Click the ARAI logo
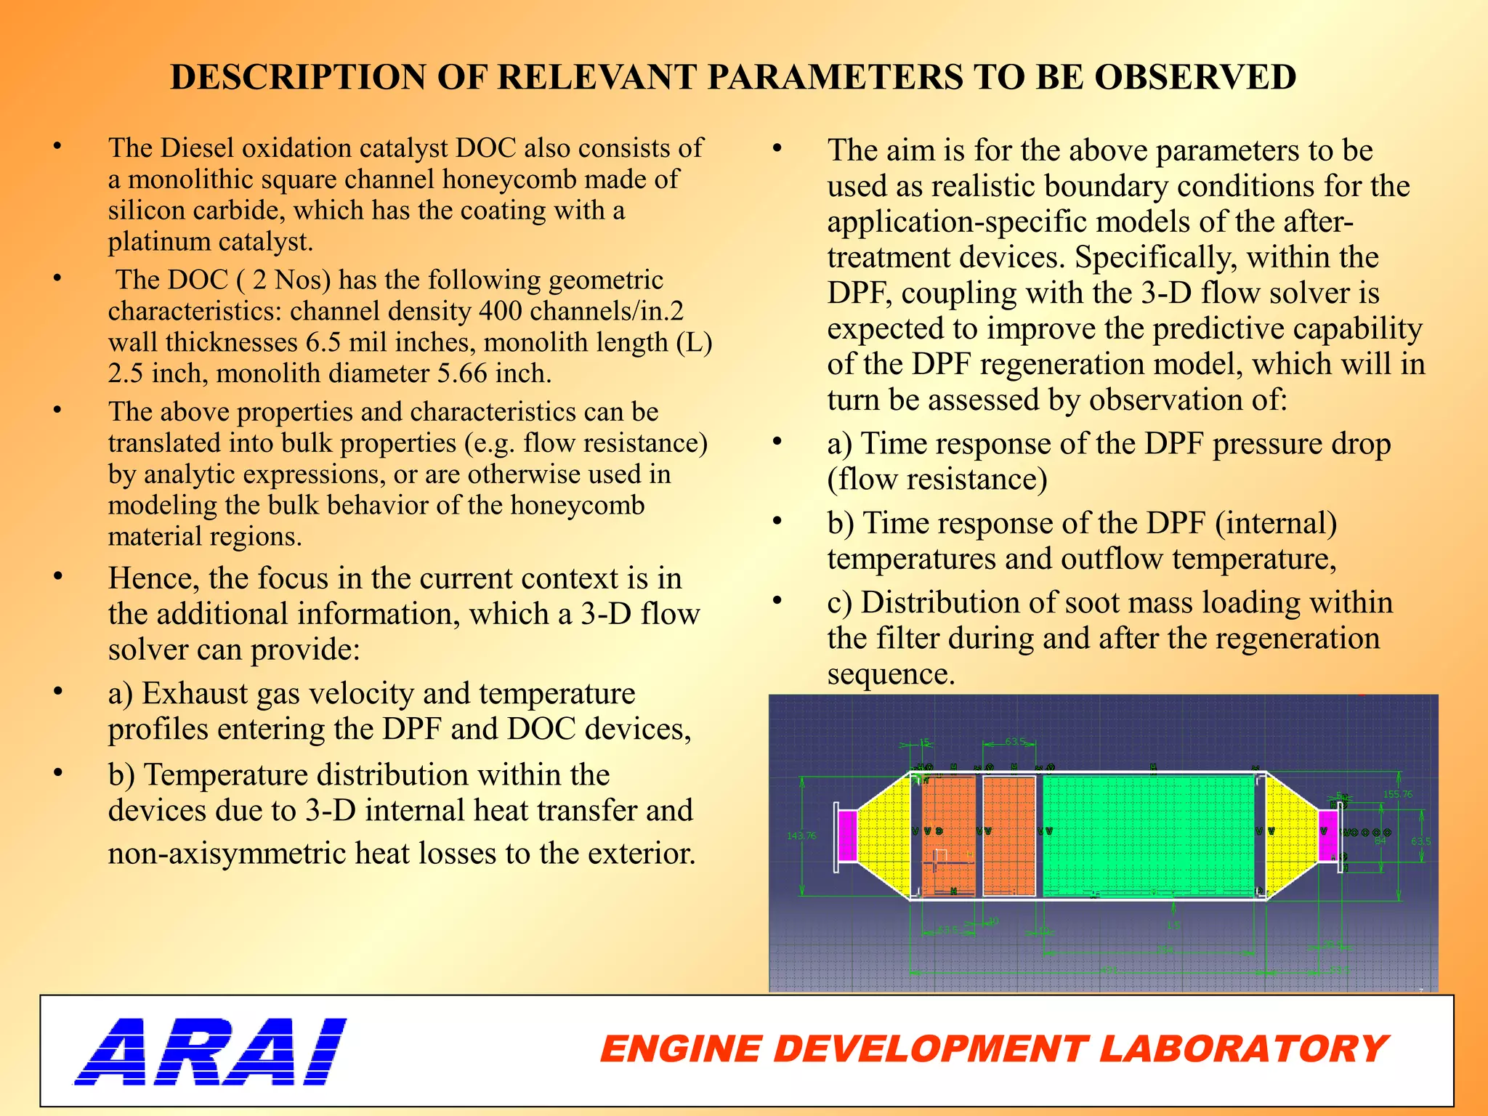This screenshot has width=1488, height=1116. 211,1051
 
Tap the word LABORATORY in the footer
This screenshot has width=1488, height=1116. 1242,1049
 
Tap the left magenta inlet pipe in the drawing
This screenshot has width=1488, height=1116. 847,836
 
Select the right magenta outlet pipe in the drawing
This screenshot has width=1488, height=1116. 1327,836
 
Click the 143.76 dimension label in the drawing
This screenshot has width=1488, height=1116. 801,836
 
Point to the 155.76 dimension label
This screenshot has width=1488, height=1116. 1397,794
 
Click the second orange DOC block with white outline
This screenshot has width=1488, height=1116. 1008,836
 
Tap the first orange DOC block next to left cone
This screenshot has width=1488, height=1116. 948,836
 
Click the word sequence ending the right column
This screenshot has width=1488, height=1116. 889,674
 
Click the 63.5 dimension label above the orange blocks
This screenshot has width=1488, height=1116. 1015,742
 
